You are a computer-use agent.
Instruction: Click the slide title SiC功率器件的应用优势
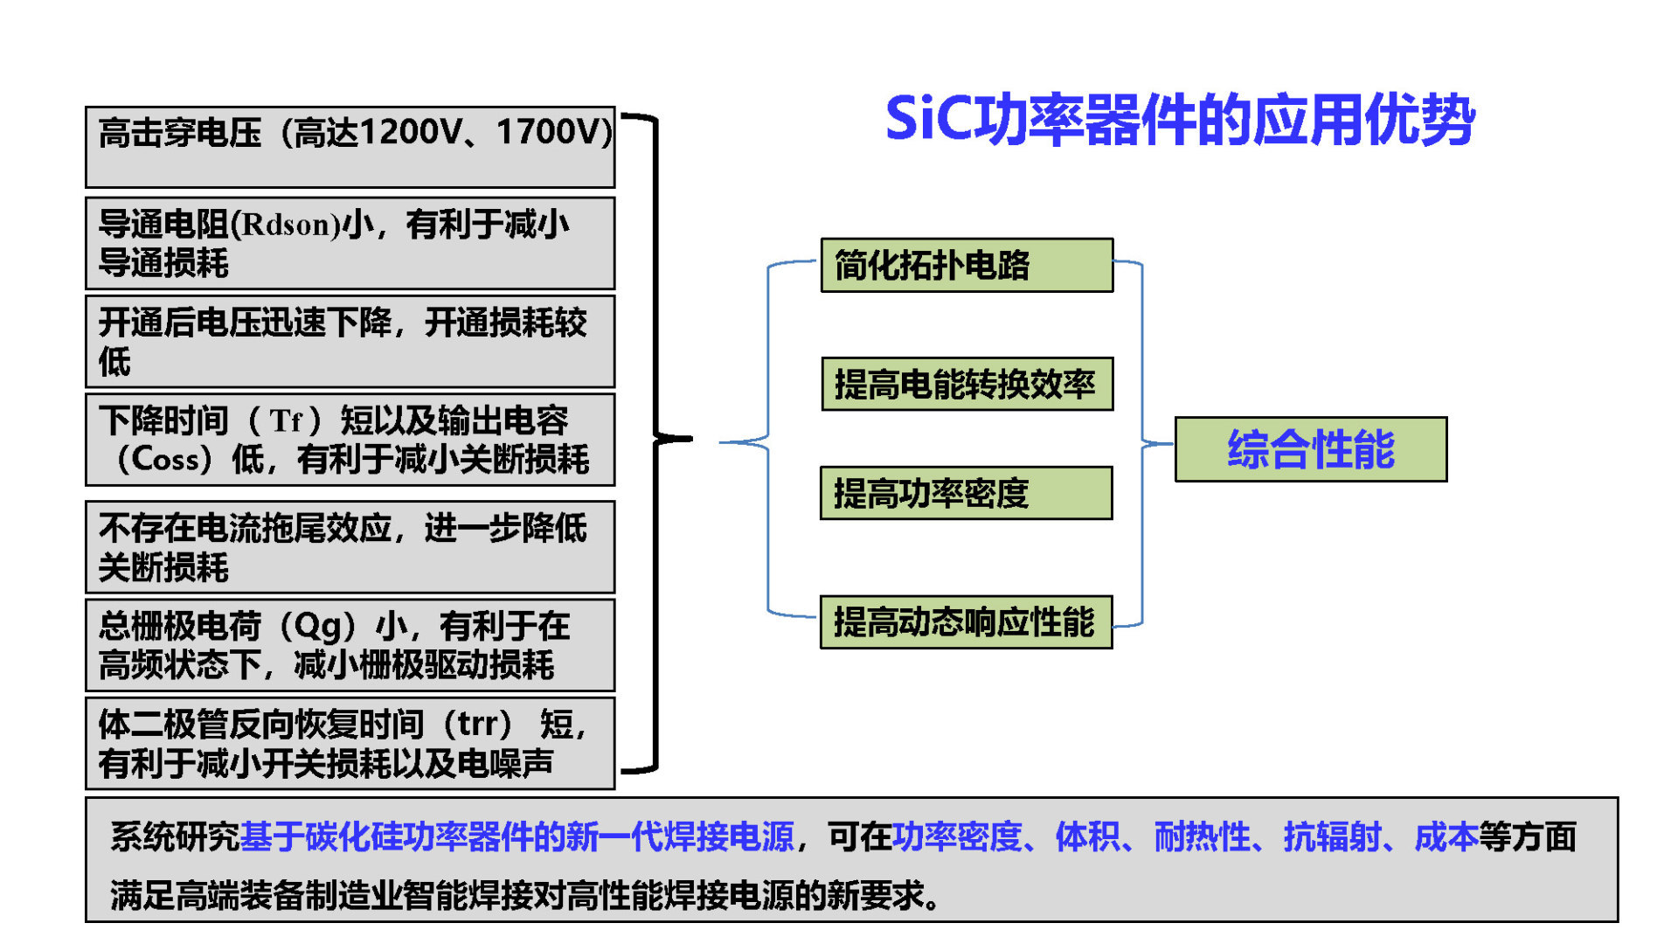(x=1180, y=119)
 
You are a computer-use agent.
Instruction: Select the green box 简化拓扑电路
(x=967, y=265)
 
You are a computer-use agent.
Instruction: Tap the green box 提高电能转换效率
(x=967, y=384)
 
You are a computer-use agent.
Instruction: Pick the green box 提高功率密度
(x=966, y=493)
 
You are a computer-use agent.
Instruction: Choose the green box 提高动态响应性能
(x=966, y=621)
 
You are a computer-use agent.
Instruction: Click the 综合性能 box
(x=1311, y=449)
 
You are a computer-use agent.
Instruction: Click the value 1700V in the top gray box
(x=550, y=132)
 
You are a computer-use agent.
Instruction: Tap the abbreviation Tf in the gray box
(x=286, y=421)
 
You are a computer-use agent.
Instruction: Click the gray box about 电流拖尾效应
(x=350, y=547)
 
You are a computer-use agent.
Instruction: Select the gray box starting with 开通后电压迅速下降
(x=350, y=341)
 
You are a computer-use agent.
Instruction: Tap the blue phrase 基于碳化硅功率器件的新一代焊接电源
(x=517, y=837)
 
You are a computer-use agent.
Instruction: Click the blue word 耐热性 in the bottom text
(x=1203, y=837)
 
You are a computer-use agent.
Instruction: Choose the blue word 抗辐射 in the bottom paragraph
(x=1332, y=837)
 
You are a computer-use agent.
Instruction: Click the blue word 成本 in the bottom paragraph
(x=1446, y=837)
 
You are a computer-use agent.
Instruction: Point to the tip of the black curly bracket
(x=691, y=438)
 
